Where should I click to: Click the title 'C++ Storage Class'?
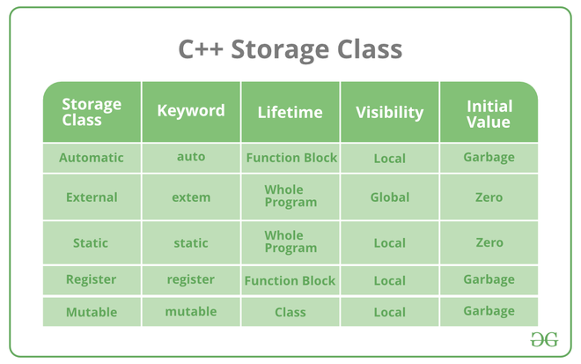click(x=290, y=49)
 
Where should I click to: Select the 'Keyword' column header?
click(x=191, y=111)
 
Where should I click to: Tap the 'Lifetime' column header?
click(x=290, y=112)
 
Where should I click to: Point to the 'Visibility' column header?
click(x=389, y=113)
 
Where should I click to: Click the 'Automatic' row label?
click(x=92, y=158)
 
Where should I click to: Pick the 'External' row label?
click(x=92, y=197)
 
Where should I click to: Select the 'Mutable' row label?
click(x=92, y=312)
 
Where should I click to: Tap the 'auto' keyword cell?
click(x=191, y=157)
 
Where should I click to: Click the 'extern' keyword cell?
click(x=191, y=197)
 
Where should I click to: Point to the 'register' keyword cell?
click(x=191, y=279)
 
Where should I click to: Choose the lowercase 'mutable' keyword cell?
click(x=191, y=311)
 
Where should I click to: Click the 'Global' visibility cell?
click(x=390, y=197)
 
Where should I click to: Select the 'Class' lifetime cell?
click(x=290, y=312)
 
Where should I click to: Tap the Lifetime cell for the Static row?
click(x=290, y=241)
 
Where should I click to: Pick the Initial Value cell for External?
click(x=489, y=197)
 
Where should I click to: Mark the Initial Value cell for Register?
click(x=489, y=279)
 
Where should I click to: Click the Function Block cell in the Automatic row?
click(x=291, y=158)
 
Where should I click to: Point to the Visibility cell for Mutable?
click(x=390, y=312)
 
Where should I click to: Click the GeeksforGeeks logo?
click(x=544, y=339)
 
